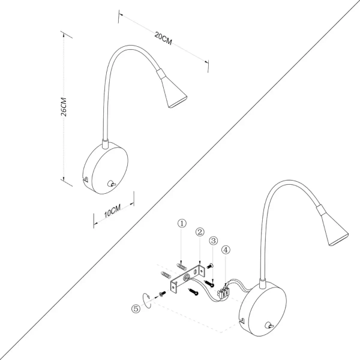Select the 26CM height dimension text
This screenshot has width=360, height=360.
71,107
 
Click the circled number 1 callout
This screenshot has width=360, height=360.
182,224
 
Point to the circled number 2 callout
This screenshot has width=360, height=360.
200,232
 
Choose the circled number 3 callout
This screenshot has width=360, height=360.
213,241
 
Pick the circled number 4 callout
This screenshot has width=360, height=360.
225,250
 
